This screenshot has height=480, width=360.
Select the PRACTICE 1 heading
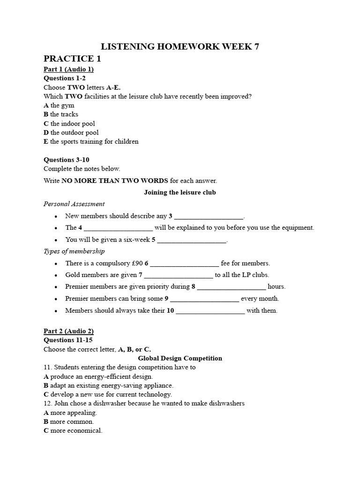[72, 59]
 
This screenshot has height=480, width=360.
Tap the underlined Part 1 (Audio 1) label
[68, 69]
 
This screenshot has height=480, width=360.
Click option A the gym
[58, 105]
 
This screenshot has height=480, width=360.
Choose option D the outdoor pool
[71, 133]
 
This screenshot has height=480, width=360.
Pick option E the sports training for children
[91, 142]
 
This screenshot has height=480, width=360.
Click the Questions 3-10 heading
[66, 160]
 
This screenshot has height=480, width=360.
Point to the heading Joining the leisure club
[180, 192]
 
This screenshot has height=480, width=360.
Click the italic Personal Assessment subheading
[74, 204]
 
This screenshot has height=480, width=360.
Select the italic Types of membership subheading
[74, 251]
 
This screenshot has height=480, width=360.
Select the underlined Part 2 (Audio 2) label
[68, 331]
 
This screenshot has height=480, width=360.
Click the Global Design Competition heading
[180, 358]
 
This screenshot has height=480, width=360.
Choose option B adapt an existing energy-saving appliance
[108, 385]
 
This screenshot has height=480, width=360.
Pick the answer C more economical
[73, 430]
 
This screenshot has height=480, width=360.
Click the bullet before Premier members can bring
[56, 299]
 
